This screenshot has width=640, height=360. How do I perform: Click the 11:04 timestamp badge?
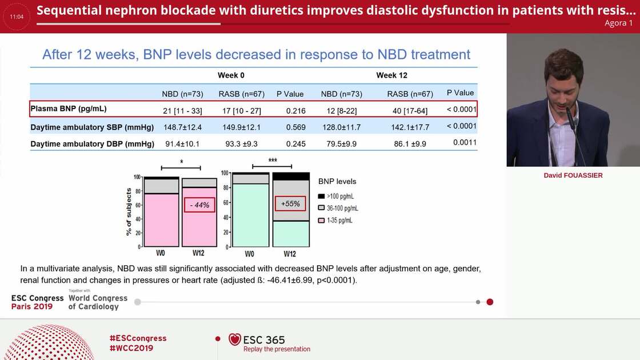[17, 17]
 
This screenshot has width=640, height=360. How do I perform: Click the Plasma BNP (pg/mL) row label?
[69, 109]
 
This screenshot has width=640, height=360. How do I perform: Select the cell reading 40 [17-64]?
[410, 110]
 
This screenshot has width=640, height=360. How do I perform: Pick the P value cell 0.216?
[295, 110]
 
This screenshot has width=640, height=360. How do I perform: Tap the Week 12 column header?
[391, 75]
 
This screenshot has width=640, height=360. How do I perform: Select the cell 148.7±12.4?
[183, 127]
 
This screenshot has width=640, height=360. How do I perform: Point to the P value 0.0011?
[465, 142]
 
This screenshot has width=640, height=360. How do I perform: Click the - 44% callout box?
[199, 205]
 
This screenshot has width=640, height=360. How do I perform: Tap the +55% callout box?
[290, 203]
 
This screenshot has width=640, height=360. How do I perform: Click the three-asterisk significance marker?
[272, 161]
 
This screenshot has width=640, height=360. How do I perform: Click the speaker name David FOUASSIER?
[573, 175]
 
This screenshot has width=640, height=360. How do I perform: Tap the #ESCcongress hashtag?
[138, 338]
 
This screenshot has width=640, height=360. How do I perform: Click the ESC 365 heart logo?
[235, 339]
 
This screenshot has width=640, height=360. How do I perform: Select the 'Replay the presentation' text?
[277, 349]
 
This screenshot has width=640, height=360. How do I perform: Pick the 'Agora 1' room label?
[618, 23]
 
